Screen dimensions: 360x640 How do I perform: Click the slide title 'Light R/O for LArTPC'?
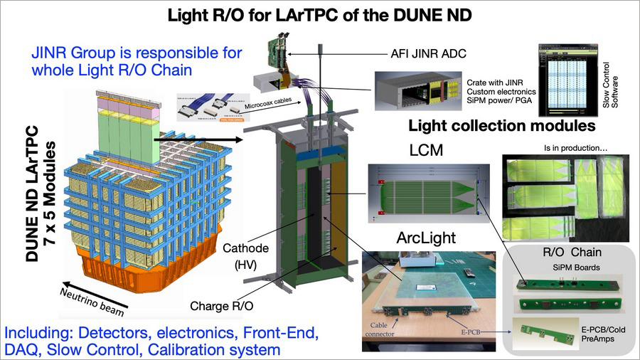pos(320,14)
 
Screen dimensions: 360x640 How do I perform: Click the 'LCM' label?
pos(425,152)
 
